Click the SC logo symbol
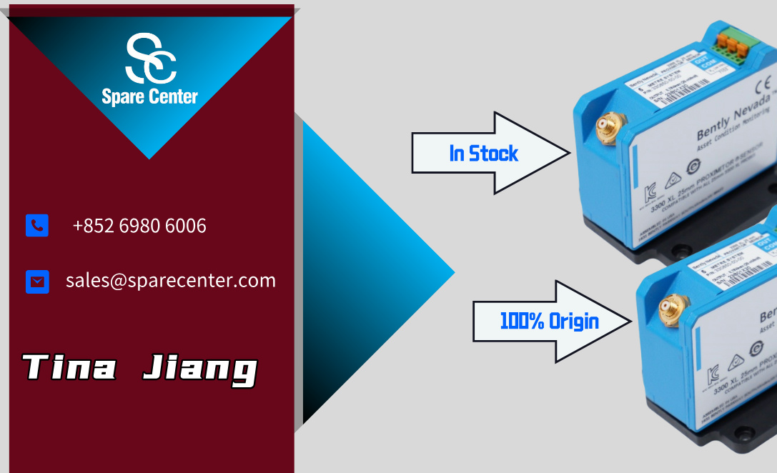(150, 57)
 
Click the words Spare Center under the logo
(149, 96)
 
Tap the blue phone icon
(37, 226)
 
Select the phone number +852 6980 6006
(139, 226)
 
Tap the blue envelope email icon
(37, 282)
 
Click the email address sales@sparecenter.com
(171, 280)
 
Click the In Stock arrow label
(484, 153)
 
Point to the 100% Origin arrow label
(549, 321)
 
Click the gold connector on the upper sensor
(609, 128)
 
